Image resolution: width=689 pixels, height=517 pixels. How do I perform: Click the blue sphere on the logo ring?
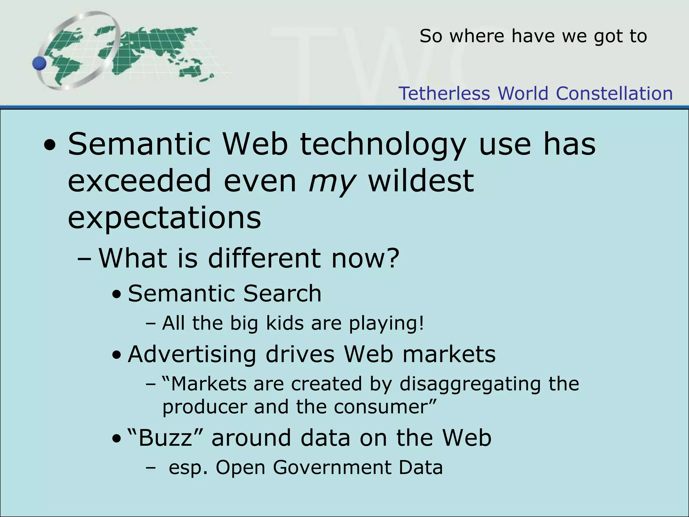(x=40, y=63)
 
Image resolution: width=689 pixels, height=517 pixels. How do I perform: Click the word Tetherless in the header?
(x=444, y=94)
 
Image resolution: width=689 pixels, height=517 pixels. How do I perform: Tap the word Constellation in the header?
(x=614, y=94)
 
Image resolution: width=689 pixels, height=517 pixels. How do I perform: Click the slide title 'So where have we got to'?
(x=533, y=36)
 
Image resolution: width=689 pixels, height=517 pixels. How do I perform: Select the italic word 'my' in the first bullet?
(x=332, y=182)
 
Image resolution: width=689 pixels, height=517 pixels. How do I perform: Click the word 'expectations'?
(x=165, y=218)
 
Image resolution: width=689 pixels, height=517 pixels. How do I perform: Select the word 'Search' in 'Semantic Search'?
(x=282, y=294)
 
